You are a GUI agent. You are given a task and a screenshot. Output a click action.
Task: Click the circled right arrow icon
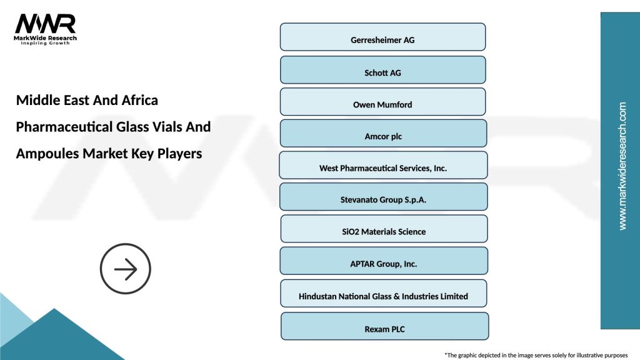pos(126,269)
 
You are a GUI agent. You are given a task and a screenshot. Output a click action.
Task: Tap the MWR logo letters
pos(45,24)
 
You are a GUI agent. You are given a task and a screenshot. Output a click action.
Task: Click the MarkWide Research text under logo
pos(46,39)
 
